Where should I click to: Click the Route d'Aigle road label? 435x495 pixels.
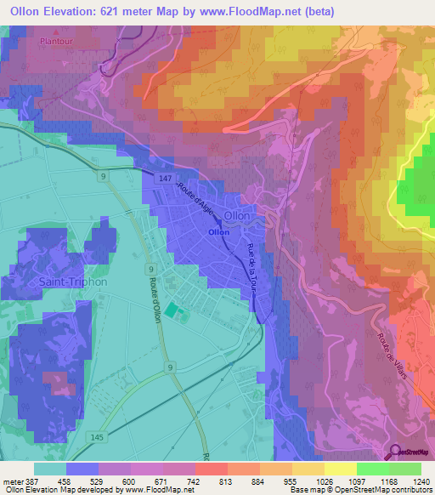click(195, 203)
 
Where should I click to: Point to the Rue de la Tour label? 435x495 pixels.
click(251, 268)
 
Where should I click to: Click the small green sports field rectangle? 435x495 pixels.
click(172, 312)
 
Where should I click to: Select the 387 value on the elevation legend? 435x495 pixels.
click(33, 481)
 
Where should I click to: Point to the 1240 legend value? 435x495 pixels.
click(420, 481)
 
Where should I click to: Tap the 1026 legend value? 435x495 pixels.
click(325, 481)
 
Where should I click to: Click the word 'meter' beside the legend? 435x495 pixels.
click(12, 481)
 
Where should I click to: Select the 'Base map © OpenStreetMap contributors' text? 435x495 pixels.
click(357, 490)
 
